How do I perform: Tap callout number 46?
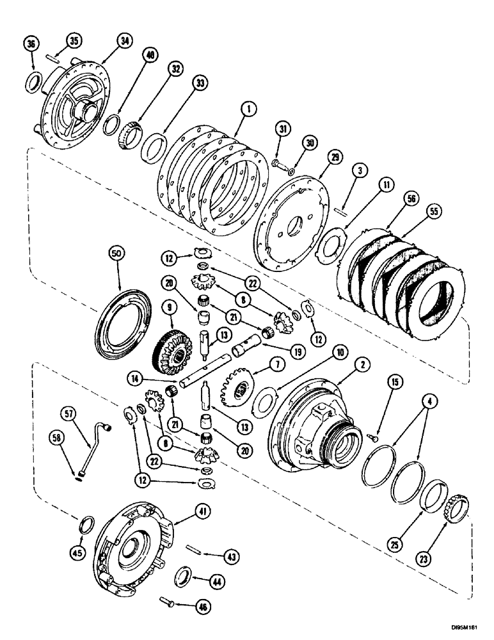click(203, 604)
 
